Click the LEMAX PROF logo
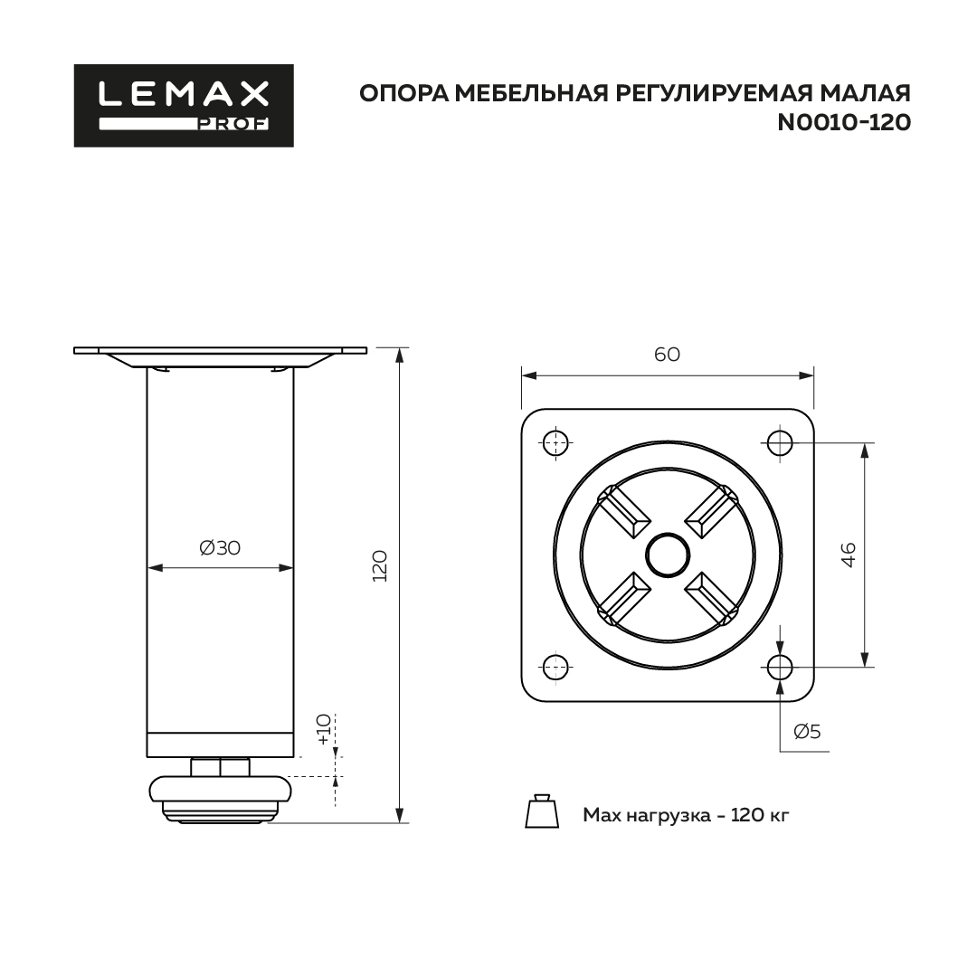pos(184,106)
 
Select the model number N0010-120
pos(844,123)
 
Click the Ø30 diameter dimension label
pos(220,547)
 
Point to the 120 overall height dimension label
pos(379,566)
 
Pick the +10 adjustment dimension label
pos(323,729)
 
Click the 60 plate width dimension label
pos(667,354)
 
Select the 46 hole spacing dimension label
pos(848,555)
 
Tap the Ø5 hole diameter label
pos(807,731)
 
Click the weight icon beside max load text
pos(542,811)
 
